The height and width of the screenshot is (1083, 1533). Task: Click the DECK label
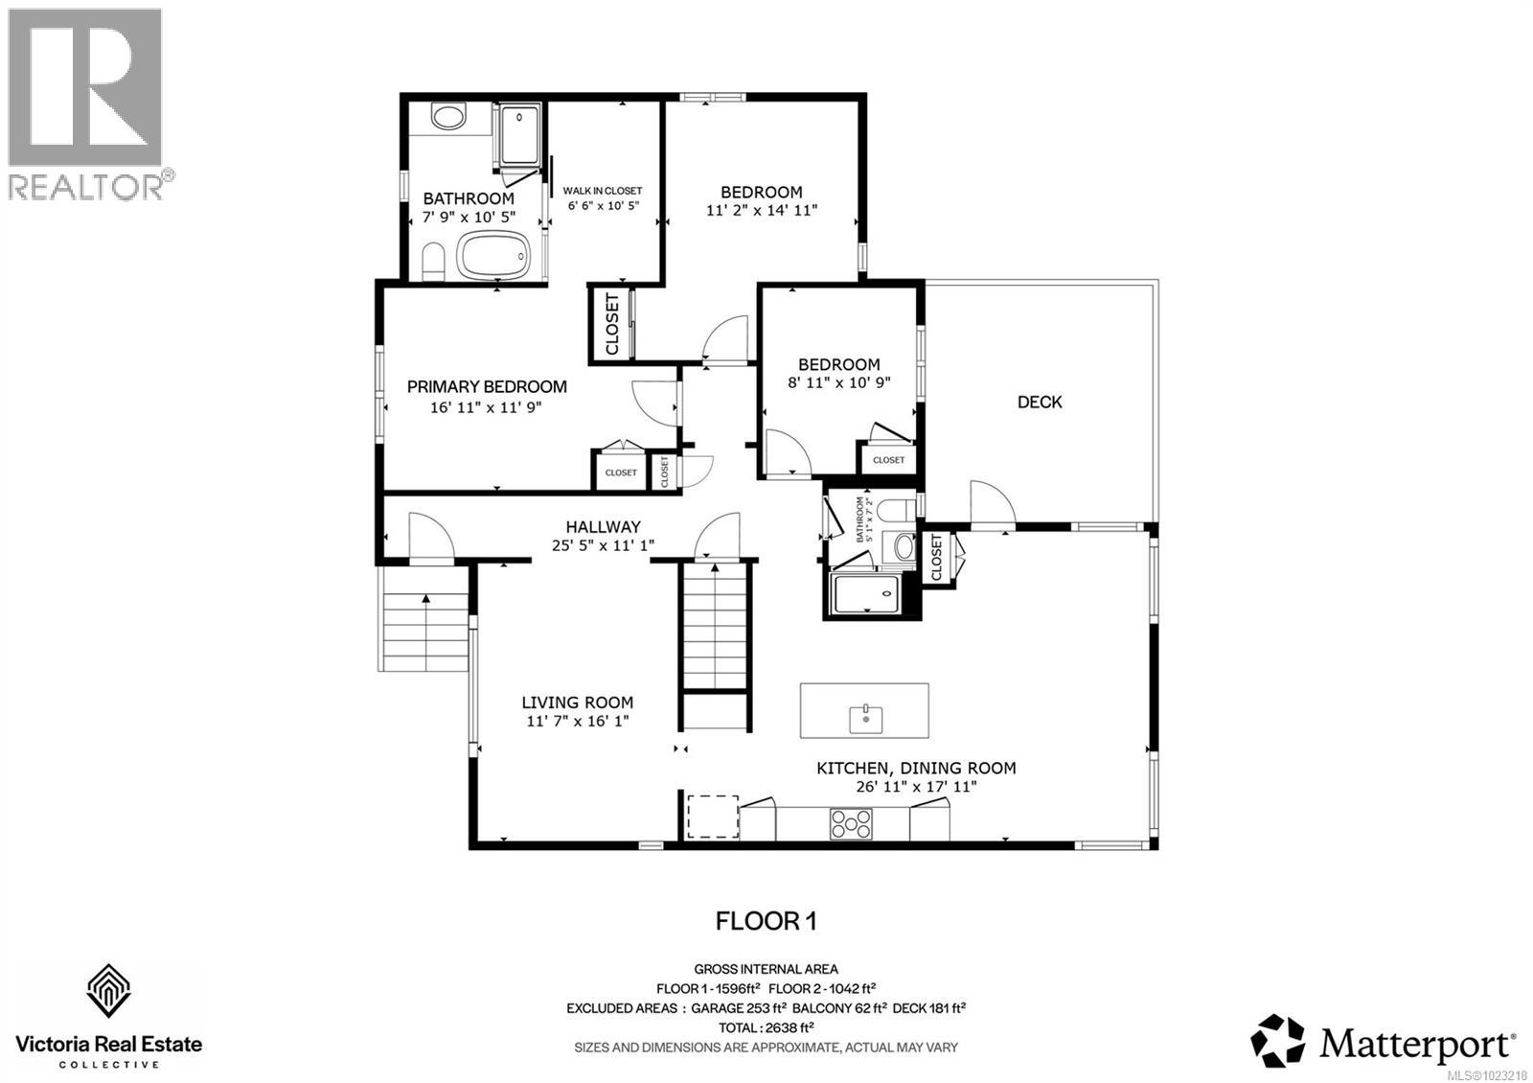click(x=1040, y=403)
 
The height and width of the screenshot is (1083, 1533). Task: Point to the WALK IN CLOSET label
click(x=603, y=191)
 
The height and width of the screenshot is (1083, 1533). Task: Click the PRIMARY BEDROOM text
click(x=487, y=387)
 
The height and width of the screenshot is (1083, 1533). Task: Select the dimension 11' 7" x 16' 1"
click(x=577, y=722)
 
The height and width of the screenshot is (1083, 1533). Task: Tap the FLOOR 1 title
click(x=766, y=922)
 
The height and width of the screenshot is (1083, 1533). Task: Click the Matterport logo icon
click(x=1278, y=1040)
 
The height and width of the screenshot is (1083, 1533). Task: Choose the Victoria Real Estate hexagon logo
click(x=109, y=991)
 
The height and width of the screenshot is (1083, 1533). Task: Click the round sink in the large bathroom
click(x=446, y=119)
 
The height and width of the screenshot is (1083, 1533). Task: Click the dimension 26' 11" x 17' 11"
click(x=916, y=787)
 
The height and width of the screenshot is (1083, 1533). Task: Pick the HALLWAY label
click(x=603, y=527)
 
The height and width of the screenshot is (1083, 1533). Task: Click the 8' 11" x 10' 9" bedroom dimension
click(x=839, y=381)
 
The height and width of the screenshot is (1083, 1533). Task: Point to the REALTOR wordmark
click(x=86, y=187)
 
